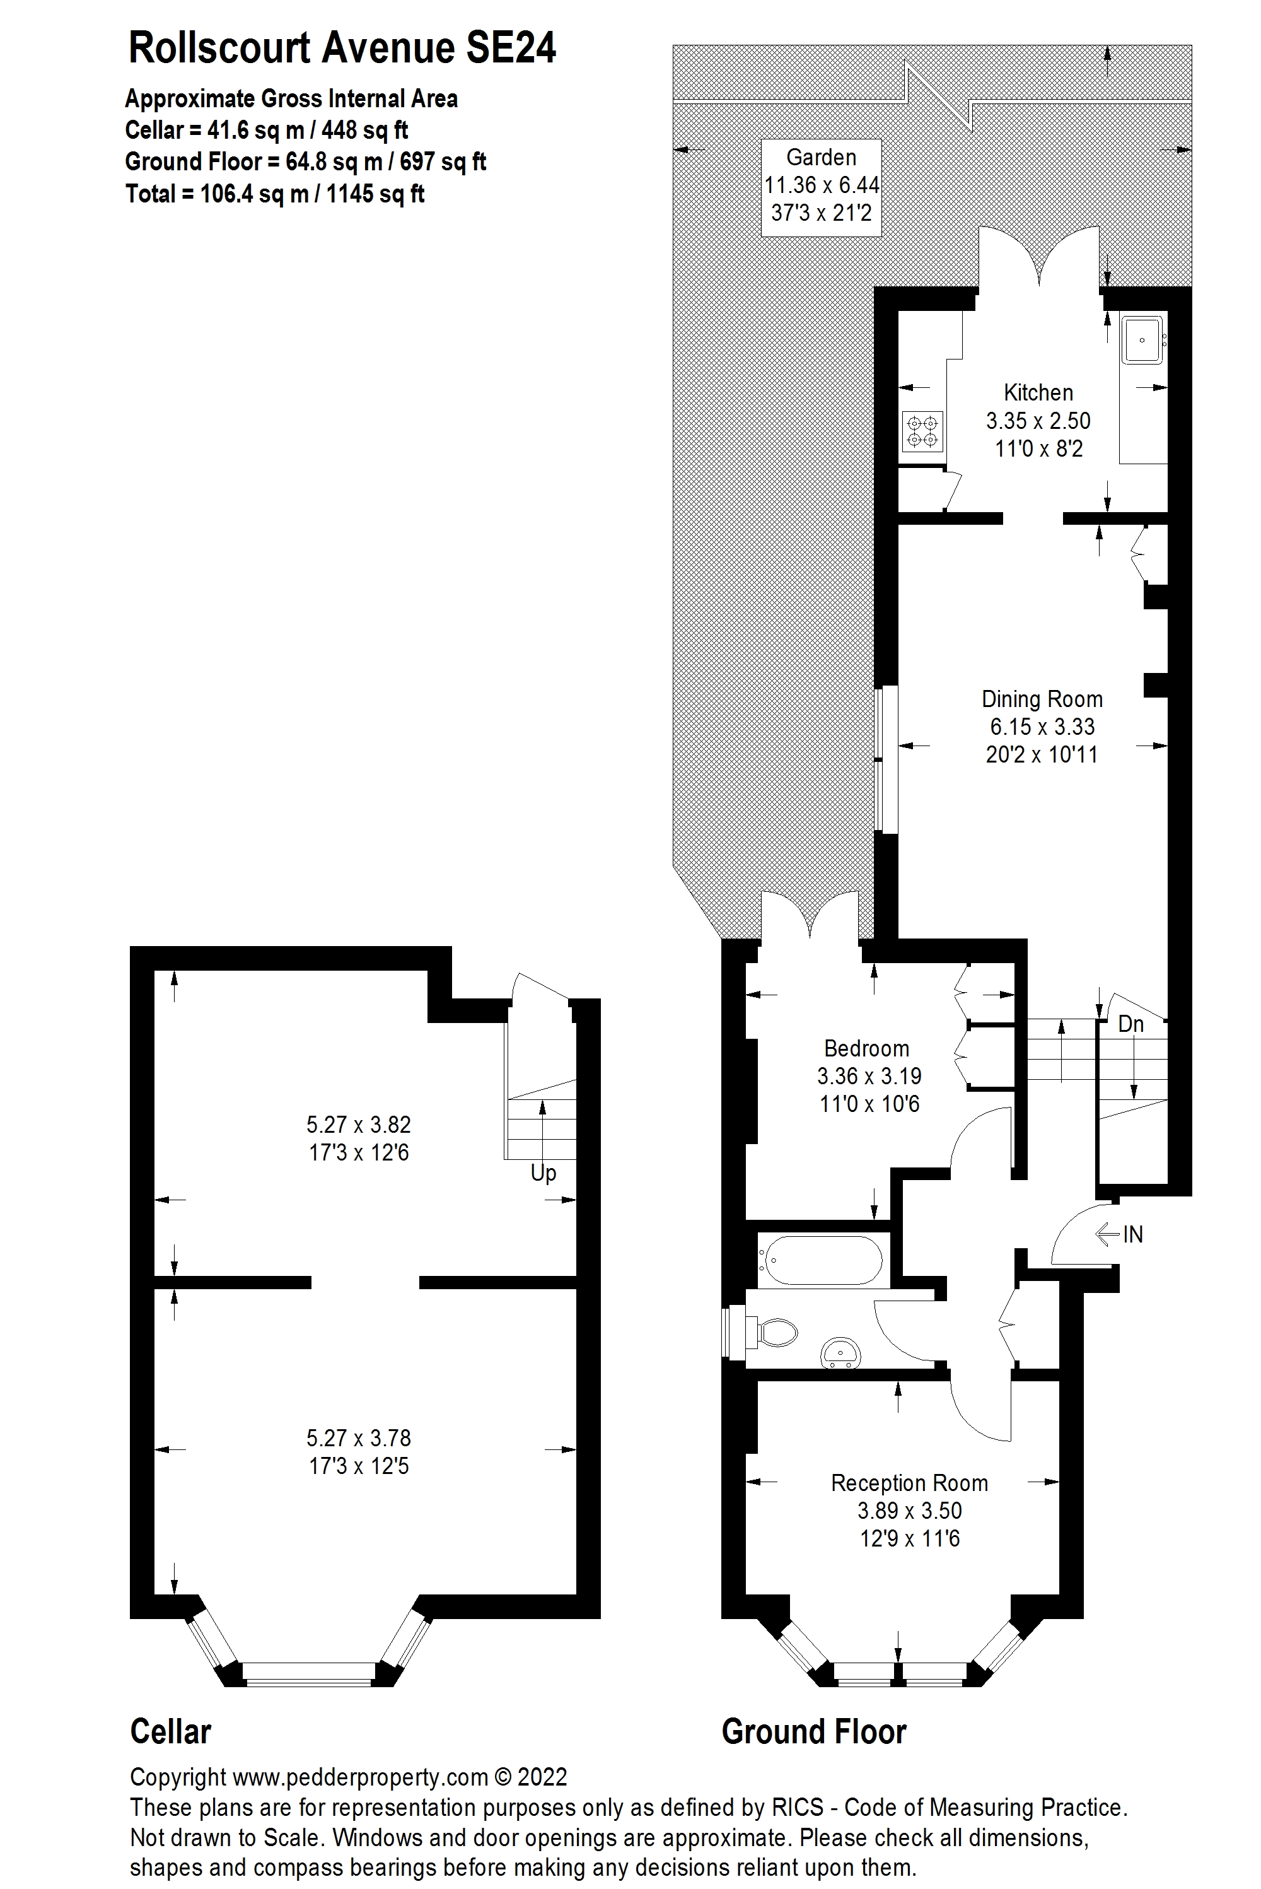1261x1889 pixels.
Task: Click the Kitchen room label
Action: (1038, 392)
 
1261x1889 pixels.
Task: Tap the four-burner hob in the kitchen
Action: (922, 430)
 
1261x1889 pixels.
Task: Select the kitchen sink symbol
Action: (1142, 339)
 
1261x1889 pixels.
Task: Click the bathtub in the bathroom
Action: (823, 1260)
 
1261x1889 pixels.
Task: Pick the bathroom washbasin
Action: (840, 1352)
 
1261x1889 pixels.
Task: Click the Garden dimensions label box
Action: (821, 187)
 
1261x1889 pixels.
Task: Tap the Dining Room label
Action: (1042, 699)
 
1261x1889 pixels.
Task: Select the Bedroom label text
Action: (867, 1048)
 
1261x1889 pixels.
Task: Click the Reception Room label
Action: (909, 1483)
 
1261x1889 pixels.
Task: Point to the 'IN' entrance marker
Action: (1132, 1234)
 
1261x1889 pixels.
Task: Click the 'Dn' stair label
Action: (1130, 1024)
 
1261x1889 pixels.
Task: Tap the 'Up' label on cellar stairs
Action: (543, 1173)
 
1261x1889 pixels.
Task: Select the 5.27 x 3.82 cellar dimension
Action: (359, 1124)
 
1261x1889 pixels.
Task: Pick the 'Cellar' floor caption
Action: (170, 1731)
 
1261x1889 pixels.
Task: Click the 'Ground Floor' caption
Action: (814, 1731)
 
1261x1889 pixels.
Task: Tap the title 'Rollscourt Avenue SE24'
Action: (342, 49)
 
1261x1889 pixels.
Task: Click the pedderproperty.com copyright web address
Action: (359, 1777)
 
